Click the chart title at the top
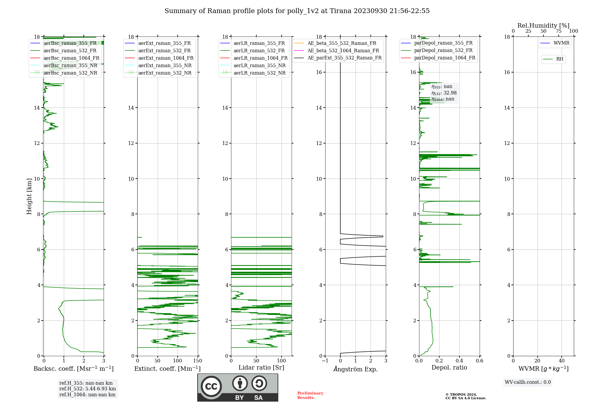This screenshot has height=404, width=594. pyautogui.click(x=297, y=11)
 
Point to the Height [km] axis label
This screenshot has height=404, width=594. pyautogui.click(x=29, y=196)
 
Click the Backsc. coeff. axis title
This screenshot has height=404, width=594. pyautogui.click(x=73, y=369)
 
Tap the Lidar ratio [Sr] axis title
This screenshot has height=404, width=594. pyautogui.click(x=261, y=367)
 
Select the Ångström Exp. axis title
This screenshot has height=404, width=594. pyautogui.click(x=356, y=369)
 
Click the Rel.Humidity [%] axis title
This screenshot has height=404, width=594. pyautogui.click(x=543, y=26)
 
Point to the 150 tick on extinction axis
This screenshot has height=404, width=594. pyautogui.click(x=198, y=361)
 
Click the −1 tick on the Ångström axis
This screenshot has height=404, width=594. pyautogui.click(x=325, y=361)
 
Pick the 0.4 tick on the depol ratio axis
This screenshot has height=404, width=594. pyautogui.click(x=459, y=361)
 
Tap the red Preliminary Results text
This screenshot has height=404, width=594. pyautogui.click(x=310, y=395)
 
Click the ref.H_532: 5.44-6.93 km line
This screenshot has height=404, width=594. pyautogui.click(x=88, y=389)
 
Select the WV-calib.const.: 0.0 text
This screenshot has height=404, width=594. pyautogui.click(x=528, y=382)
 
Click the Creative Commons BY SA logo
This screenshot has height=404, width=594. pyautogui.click(x=238, y=387)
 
